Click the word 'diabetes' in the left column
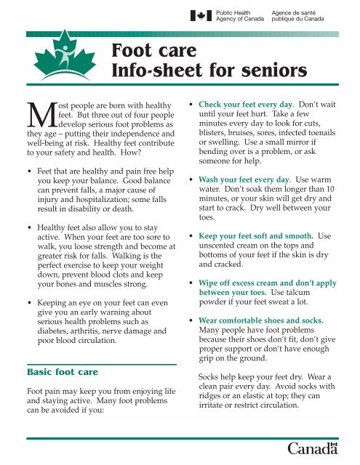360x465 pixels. tap(55, 306)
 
